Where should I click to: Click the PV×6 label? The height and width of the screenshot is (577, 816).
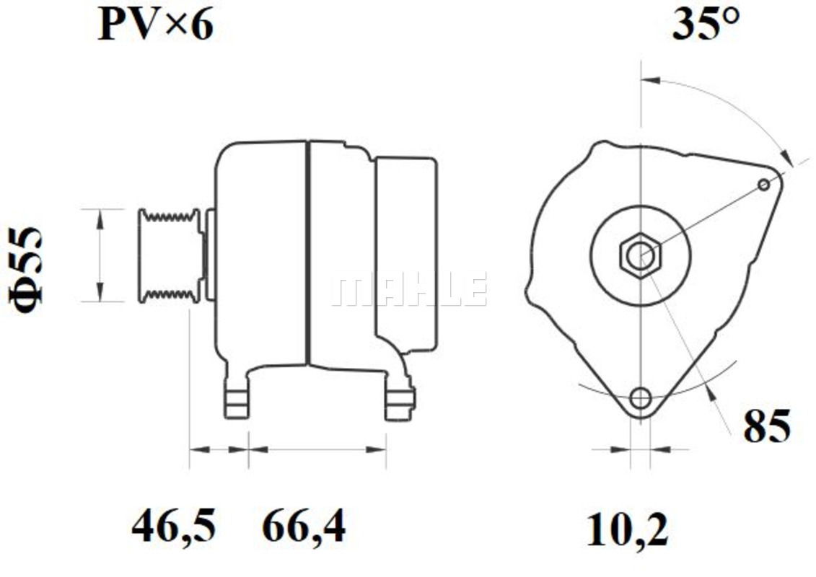pyautogui.click(x=156, y=25)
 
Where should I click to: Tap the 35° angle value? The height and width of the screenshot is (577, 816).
pyautogui.click(x=706, y=24)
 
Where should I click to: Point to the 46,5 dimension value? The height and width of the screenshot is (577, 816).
pyautogui.click(x=173, y=526)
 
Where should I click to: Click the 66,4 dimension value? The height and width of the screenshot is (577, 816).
pyautogui.click(x=304, y=526)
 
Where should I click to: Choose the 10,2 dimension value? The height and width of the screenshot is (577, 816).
pyautogui.click(x=627, y=529)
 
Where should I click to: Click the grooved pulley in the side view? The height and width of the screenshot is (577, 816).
pyautogui.click(x=170, y=255)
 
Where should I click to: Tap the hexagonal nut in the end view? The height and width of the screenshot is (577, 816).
pyautogui.click(x=641, y=255)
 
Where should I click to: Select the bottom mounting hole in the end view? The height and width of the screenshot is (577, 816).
pyautogui.click(x=640, y=399)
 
